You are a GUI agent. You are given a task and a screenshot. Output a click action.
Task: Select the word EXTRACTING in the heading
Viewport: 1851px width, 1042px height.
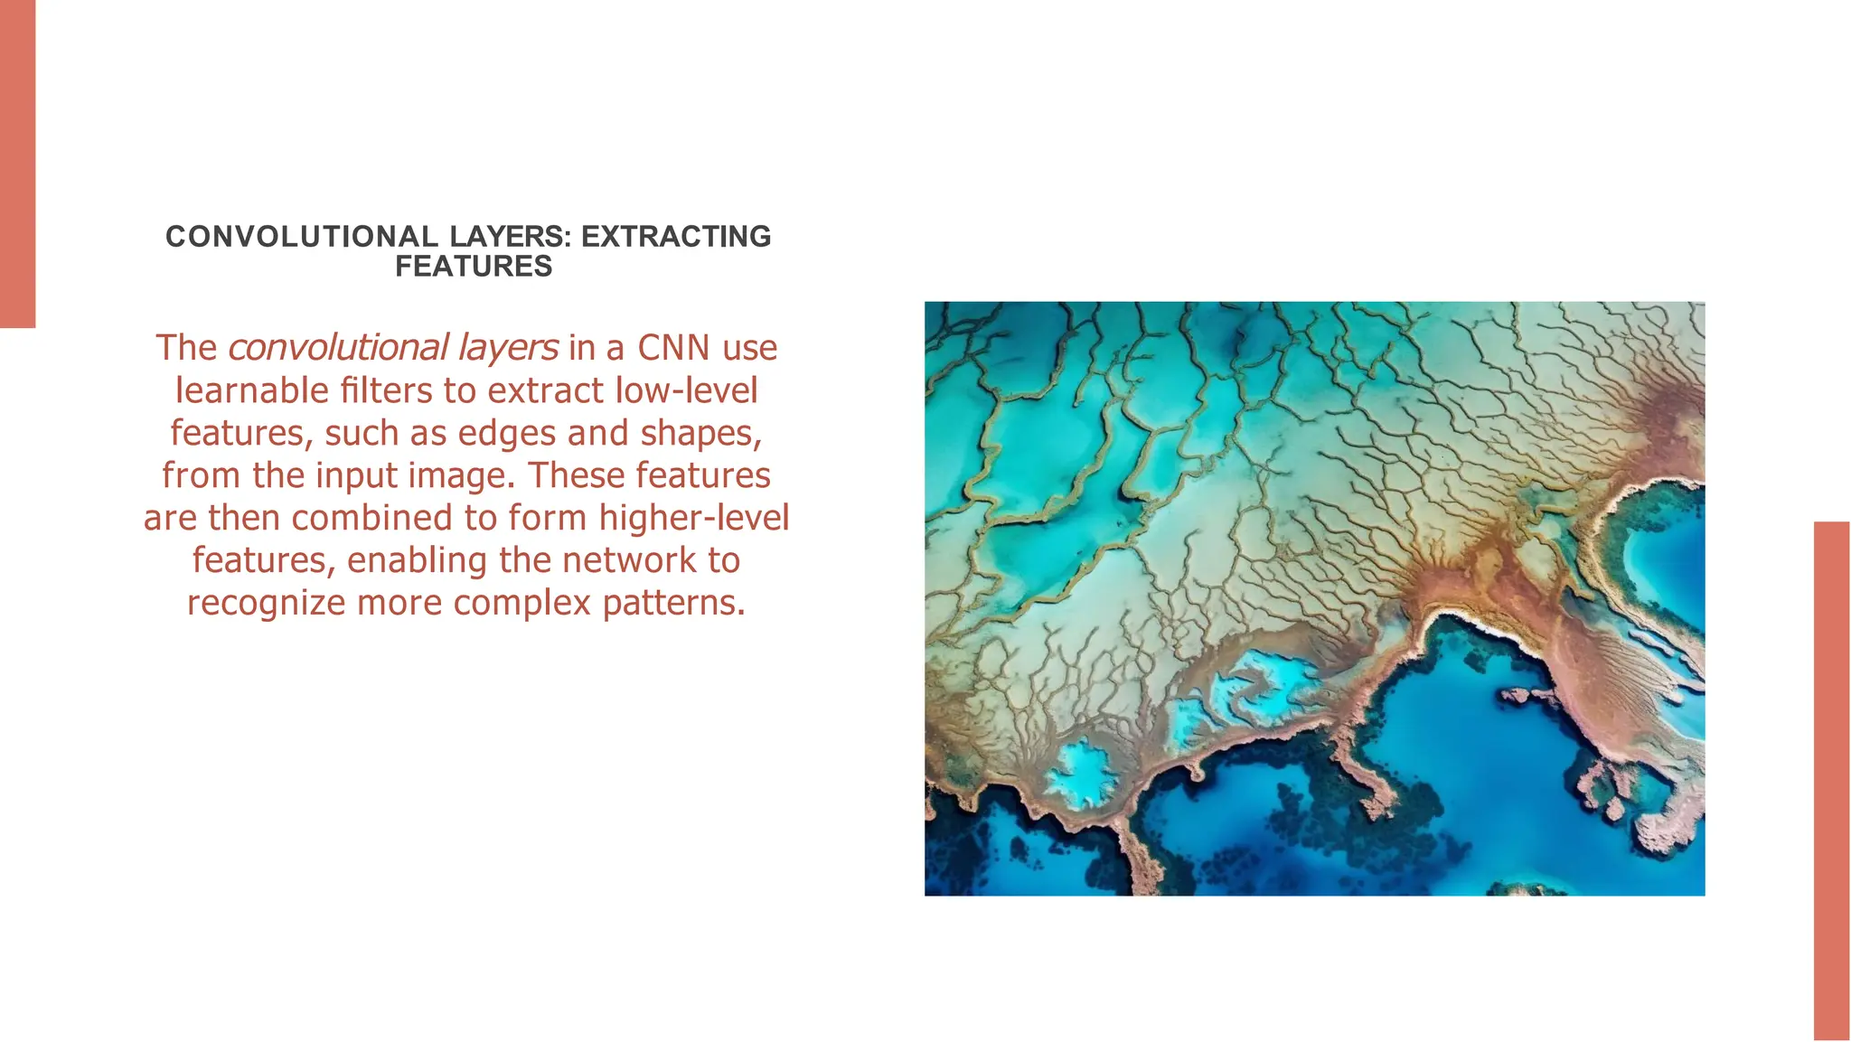pos(676,237)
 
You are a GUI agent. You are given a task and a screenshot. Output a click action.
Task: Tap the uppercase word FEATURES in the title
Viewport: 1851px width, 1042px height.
pos(474,267)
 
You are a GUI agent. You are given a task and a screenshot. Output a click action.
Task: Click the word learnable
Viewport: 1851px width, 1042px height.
pos(252,390)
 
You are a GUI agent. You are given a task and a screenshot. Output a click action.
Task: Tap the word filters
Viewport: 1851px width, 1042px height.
pos(387,390)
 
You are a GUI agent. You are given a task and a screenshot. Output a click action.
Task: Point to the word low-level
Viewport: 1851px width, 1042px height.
pos(686,390)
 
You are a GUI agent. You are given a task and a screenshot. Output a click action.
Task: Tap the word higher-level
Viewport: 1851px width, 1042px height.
pos(693,518)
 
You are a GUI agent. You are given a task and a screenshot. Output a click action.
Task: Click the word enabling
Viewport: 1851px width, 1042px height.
pos(418,560)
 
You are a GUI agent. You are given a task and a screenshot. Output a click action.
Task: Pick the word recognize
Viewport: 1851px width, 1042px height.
pos(266,603)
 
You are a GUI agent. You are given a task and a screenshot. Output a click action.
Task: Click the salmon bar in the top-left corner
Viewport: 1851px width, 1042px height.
pos(17,163)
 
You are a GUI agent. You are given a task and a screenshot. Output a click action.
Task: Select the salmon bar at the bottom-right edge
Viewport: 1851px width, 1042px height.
pos(1832,781)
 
